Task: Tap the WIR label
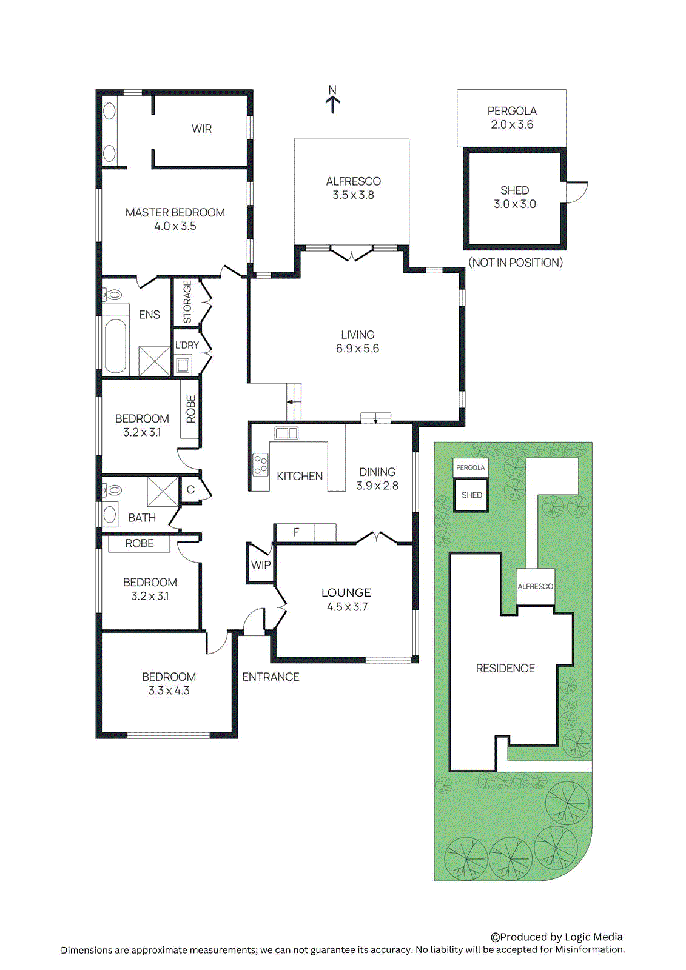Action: pyautogui.click(x=201, y=129)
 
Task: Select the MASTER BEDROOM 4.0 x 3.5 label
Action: pyautogui.click(x=175, y=219)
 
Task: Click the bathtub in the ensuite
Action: pyautogui.click(x=115, y=346)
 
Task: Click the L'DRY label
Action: pyautogui.click(x=187, y=345)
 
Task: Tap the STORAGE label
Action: pyautogui.click(x=187, y=302)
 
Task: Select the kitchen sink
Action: pyautogui.click(x=286, y=433)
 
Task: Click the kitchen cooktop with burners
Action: pyautogui.click(x=261, y=464)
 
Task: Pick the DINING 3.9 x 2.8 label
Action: pyautogui.click(x=377, y=478)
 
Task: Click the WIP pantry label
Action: pyautogui.click(x=261, y=564)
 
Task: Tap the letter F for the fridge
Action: pyautogui.click(x=296, y=532)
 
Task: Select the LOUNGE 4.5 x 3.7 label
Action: pyautogui.click(x=346, y=599)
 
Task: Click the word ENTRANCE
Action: pyautogui.click(x=271, y=677)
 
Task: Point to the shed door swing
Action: pyautogui.click(x=577, y=192)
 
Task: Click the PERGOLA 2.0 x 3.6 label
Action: pyautogui.click(x=511, y=118)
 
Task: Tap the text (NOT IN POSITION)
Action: pyautogui.click(x=516, y=263)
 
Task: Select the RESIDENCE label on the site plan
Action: pyautogui.click(x=505, y=668)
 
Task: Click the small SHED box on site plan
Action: pyautogui.click(x=471, y=495)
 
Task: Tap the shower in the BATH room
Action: pyautogui.click(x=163, y=492)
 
